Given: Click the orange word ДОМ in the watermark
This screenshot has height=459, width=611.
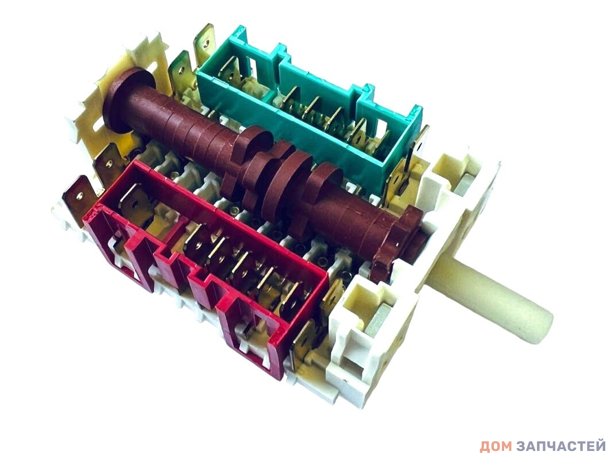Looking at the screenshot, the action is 496,446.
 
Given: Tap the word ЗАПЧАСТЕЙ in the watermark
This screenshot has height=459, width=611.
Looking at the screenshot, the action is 560,446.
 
